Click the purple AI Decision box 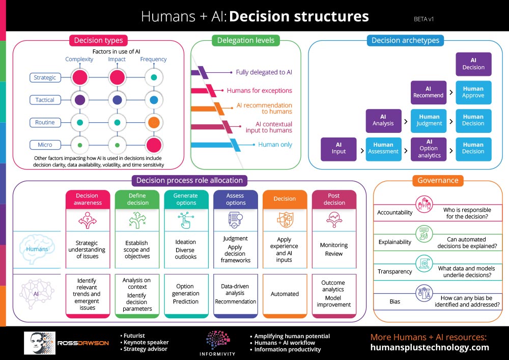click(473, 64)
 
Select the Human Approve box click(473, 92)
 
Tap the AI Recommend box click(429, 92)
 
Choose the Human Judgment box click(429, 120)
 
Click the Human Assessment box click(383, 149)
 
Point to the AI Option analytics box click(429, 149)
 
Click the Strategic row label click(45, 77)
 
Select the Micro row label click(45, 145)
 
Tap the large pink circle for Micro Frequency click(153, 145)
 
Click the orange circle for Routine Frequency click(153, 123)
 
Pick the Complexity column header click(79, 59)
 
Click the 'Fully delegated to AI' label click(264, 72)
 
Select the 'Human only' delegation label click(275, 145)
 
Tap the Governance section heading click(438, 180)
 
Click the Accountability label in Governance click(395, 212)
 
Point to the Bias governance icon click(424, 293)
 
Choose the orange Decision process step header click(285, 199)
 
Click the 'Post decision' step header click(334, 199)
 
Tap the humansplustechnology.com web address click(430, 348)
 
